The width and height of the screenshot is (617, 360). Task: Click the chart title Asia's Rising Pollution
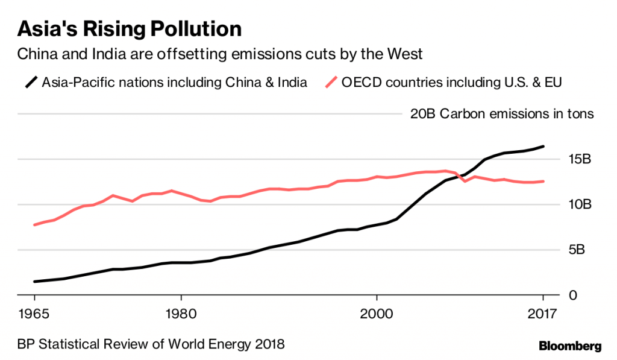[x=130, y=28]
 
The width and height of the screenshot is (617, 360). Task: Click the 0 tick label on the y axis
[x=573, y=295]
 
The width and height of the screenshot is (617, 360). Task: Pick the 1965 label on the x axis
[x=34, y=314]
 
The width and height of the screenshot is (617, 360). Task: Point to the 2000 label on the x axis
[x=376, y=314]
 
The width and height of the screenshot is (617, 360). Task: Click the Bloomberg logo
[x=569, y=346]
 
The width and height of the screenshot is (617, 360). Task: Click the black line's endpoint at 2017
[x=543, y=146]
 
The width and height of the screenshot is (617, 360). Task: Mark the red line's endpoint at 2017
[x=543, y=181]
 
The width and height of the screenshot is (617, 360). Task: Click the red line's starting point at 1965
[x=35, y=225]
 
